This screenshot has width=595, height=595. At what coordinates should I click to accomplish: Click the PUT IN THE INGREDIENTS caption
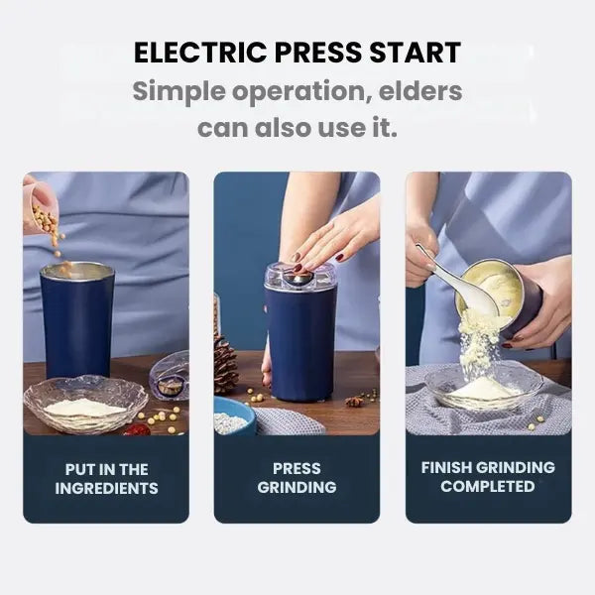(106, 478)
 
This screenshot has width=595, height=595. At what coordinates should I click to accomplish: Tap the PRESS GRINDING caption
(297, 478)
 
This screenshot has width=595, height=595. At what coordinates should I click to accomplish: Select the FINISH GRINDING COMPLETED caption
(488, 477)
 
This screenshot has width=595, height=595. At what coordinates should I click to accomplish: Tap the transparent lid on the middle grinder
(299, 278)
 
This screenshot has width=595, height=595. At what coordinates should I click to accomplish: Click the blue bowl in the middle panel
(234, 416)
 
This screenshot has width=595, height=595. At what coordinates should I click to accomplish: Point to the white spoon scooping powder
(458, 288)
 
